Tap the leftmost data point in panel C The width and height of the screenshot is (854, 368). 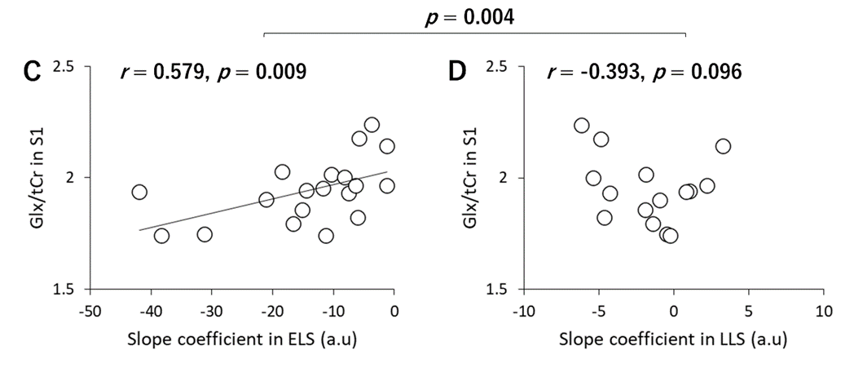[x=139, y=192]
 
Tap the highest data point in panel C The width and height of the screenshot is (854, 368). [x=372, y=125]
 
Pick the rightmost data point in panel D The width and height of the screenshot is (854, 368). [x=723, y=146]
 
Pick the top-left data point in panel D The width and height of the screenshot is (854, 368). [x=582, y=126]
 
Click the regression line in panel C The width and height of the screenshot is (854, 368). [x=244, y=204]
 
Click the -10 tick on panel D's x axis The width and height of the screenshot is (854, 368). [x=522, y=311]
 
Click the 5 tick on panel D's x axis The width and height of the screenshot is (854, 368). [x=748, y=311]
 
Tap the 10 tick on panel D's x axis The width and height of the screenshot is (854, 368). [x=822, y=311]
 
